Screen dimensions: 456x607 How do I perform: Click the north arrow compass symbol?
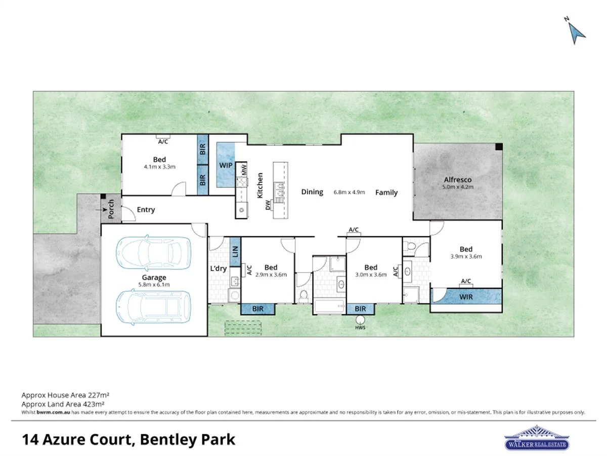pyautogui.click(x=576, y=31)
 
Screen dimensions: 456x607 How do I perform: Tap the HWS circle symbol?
pyautogui.click(x=360, y=320)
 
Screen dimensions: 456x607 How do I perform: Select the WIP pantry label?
pyautogui.click(x=226, y=165)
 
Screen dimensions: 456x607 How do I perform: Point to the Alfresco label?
pyautogui.click(x=458, y=179)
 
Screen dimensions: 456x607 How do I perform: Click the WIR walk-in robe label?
pyautogui.click(x=466, y=297)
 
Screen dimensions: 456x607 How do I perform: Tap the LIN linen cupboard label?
pyautogui.click(x=235, y=251)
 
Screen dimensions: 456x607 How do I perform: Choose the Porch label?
pyautogui.click(x=111, y=209)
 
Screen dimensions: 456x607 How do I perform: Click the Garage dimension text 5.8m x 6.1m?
pyautogui.click(x=154, y=285)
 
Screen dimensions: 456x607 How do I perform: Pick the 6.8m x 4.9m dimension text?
pyautogui.click(x=349, y=193)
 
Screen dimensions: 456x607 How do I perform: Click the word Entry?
pyautogui.click(x=146, y=210)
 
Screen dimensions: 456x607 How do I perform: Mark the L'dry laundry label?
pyautogui.click(x=218, y=269)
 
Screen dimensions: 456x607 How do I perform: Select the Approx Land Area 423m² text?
pyautogui.click(x=63, y=404)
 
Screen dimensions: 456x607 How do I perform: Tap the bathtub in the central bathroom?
pyautogui.click(x=329, y=307)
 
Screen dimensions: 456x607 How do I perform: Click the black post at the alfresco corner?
pyautogui.click(x=499, y=147)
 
